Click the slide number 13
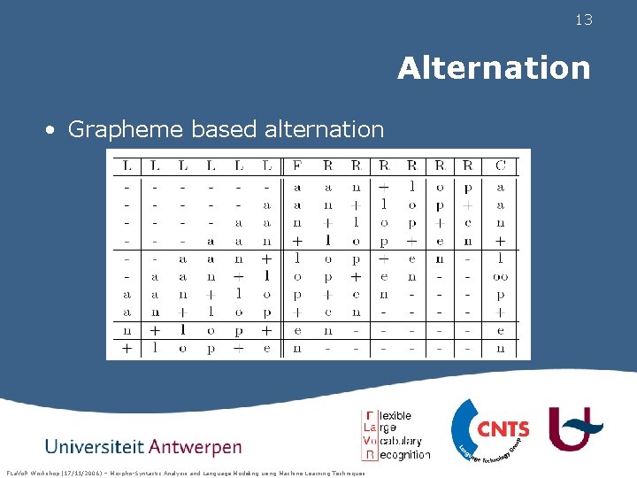pyautogui.click(x=583, y=19)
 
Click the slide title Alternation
pyautogui.click(x=494, y=67)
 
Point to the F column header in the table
pyautogui.click(x=296, y=165)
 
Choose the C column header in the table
pyautogui.click(x=501, y=165)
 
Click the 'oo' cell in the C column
pyautogui.click(x=501, y=277)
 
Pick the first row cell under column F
pyautogui.click(x=296, y=188)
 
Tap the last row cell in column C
pyautogui.click(x=501, y=349)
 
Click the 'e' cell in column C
pyautogui.click(x=501, y=331)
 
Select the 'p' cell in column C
pyautogui.click(x=501, y=295)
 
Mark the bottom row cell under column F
pyautogui.click(x=296, y=349)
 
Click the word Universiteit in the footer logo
pyautogui.click(x=95, y=445)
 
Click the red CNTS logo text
pyautogui.click(x=503, y=429)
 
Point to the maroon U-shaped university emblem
pyautogui.click(x=577, y=429)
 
